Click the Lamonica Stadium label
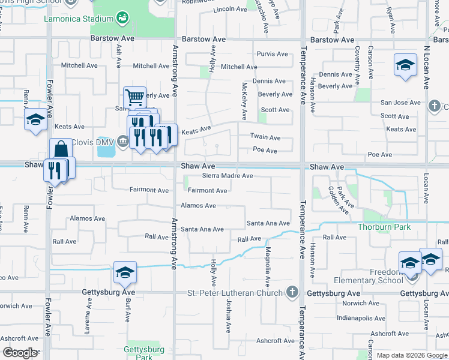tap(79, 19)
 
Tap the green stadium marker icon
tap(123, 19)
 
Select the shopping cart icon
tap(134, 96)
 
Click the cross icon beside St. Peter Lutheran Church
tap(292, 293)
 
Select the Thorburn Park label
tap(384, 227)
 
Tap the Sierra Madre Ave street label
tap(227, 176)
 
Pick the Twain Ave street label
tap(266, 137)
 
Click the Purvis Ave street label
tap(272, 53)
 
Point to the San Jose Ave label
tap(400, 103)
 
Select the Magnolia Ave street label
tap(268, 266)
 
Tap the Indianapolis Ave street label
tap(361, 318)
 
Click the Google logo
tap(20, 353)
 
